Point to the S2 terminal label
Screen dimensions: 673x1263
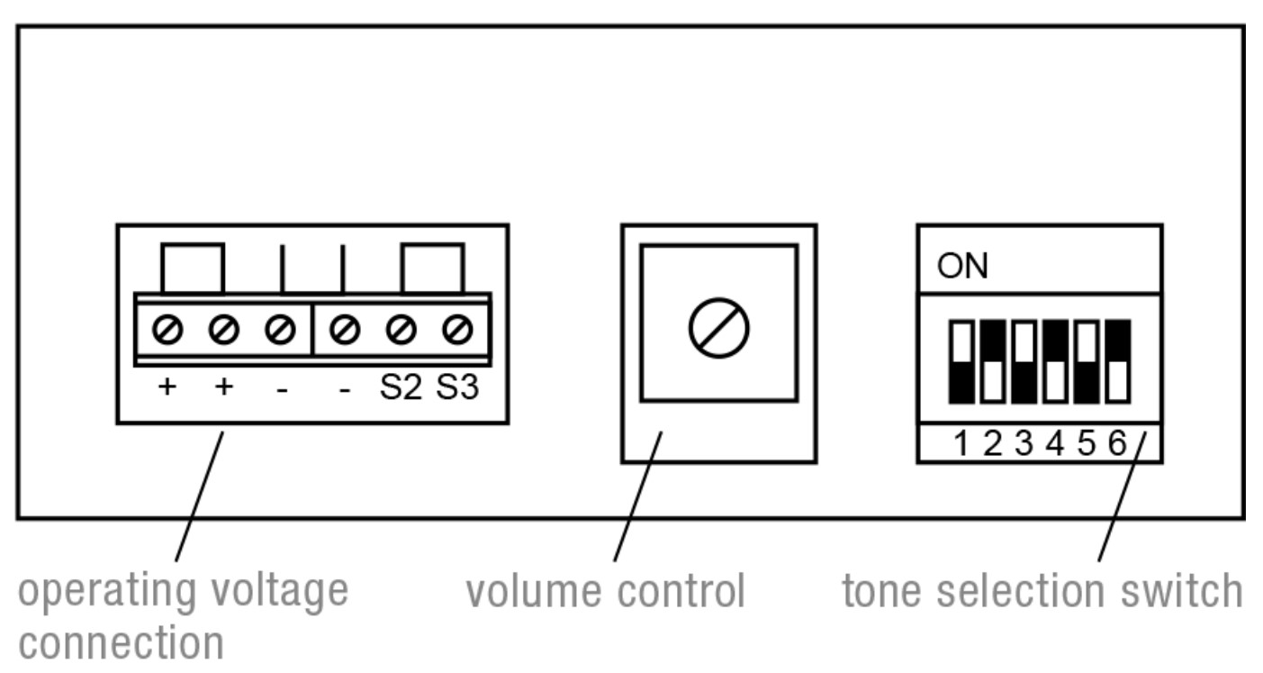pyautogui.click(x=400, y=390)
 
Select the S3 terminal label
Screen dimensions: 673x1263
pyautogui.click(x=458, y=390)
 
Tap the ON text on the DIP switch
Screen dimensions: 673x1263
pyautogui.click(x=962, y=268)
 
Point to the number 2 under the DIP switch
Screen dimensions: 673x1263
pyautogui.click(x=992, y=444)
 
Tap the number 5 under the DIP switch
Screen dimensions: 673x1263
pyautogui.click(x=1086, y=444)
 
